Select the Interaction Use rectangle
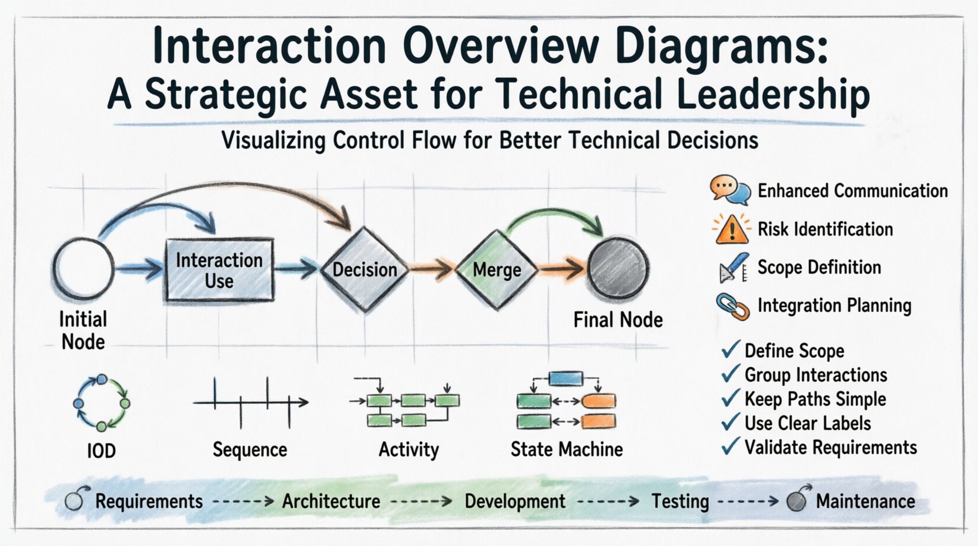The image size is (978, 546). tap(219, 270)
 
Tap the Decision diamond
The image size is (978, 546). tap(364, 269)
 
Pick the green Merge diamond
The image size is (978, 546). tap(497, 269)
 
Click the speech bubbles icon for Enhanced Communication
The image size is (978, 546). tap(730, 190)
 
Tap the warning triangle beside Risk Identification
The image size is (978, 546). tap(732, 229)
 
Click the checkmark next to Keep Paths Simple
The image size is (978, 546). tap(731, 398)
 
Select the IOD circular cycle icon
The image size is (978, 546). tap(101, 403)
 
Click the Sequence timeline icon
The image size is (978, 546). tap(250, 403)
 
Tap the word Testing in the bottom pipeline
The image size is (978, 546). tap(680, 501)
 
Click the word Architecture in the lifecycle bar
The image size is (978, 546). tap(331, 501)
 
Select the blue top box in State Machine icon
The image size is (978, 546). tap(565, 378)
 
